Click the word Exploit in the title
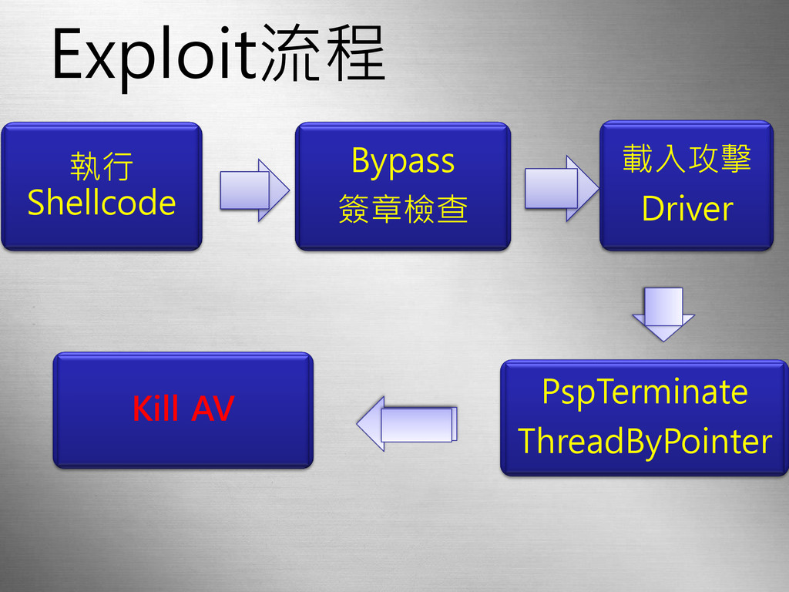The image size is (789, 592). tap(154, 55)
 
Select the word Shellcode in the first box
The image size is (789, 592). tap(102, 203)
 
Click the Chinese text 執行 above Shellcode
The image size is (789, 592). tap(102, 166)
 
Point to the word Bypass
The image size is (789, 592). tap(403, 161)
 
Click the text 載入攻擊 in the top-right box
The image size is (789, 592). tap(687, 160)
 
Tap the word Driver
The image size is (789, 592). tap(687, 208)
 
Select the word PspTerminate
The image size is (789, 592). tap(644, 392)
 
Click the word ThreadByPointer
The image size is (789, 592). tap(644, 442)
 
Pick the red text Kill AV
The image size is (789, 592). tap(183, 409)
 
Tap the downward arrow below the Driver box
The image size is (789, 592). tap(663, 313)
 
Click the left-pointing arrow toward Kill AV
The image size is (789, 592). tap(407, 423)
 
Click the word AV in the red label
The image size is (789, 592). tap(212, 409)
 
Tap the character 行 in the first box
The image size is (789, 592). tap(118, 166)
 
